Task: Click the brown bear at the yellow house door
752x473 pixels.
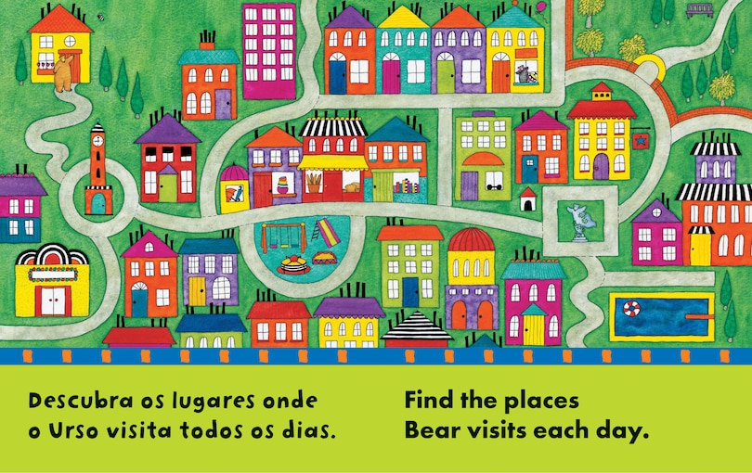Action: [62, 72]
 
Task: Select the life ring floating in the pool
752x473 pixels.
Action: [632, 309]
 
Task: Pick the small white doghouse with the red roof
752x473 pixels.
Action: [528, 198]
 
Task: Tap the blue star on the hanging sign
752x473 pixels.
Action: [640, 140]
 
